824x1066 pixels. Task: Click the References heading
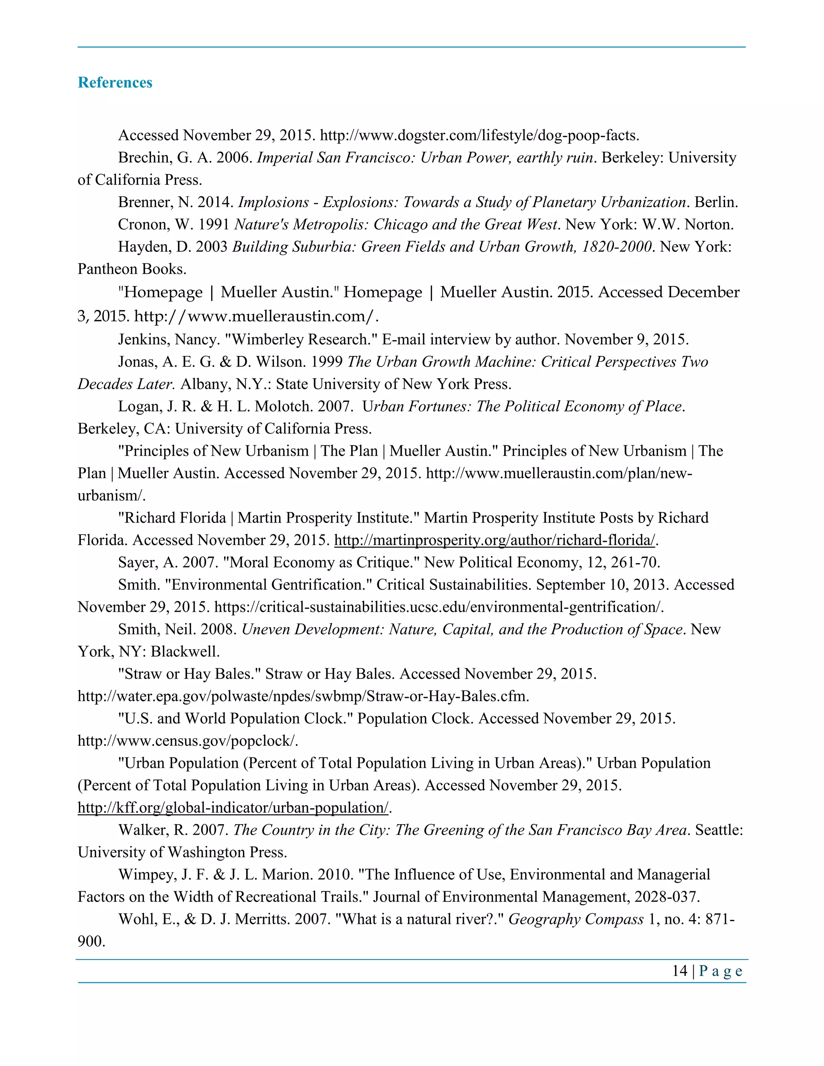click(115, 82)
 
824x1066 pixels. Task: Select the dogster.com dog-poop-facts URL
click(479, 135)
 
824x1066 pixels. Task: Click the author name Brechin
click(139, 158)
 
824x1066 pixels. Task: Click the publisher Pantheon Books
click(132, 270)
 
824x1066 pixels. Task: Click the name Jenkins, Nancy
click(168, 339)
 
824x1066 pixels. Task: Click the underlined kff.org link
click(233, 808)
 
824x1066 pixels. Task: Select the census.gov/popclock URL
click(187, 741)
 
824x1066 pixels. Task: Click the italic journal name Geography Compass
click(575, 920)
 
